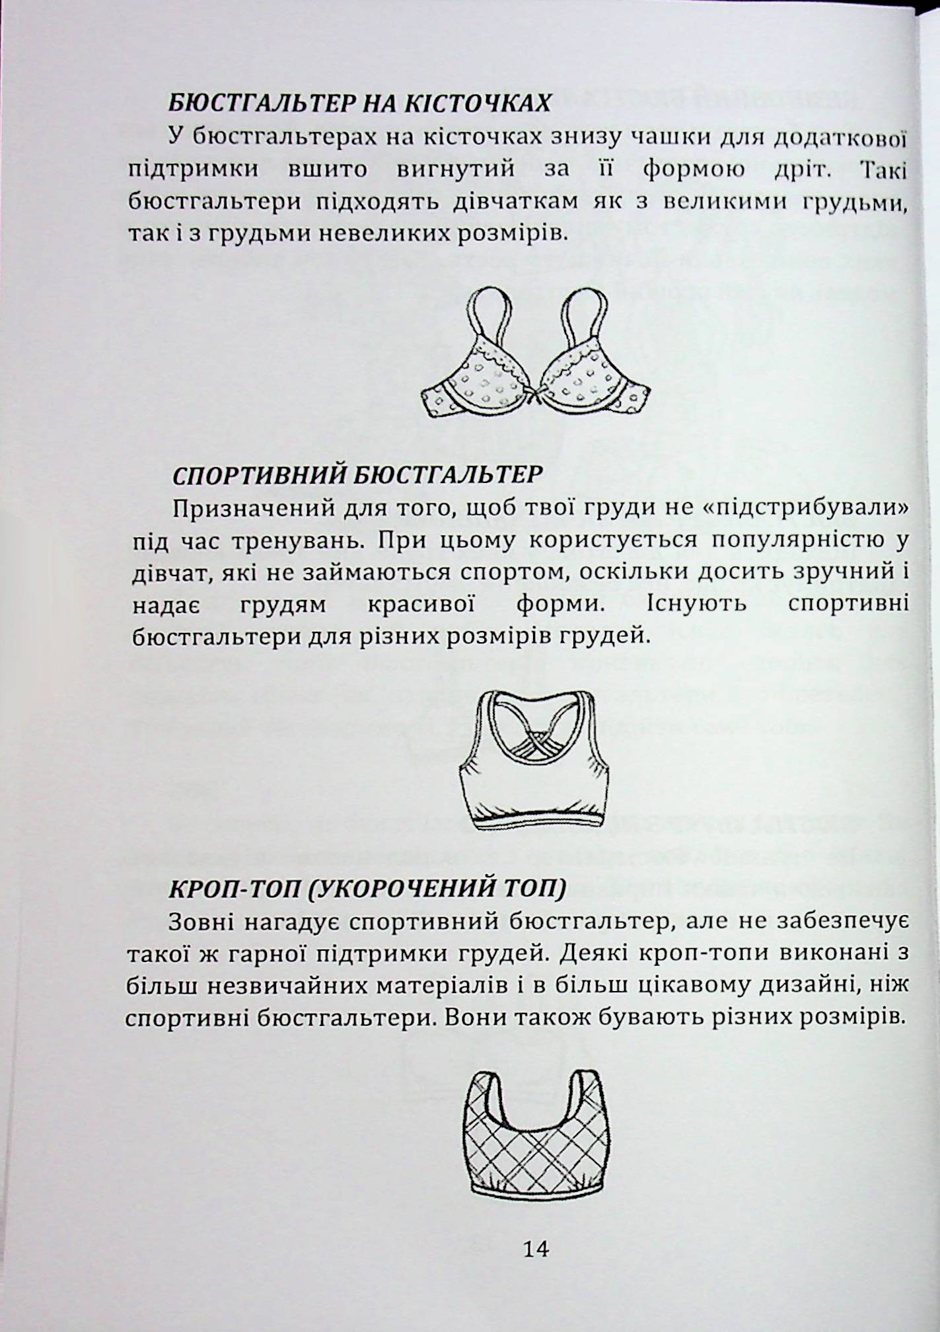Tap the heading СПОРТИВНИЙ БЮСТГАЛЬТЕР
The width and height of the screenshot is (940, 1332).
pos(357,475)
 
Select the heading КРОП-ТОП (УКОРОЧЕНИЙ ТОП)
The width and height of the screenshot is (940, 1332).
pos(368,889)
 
